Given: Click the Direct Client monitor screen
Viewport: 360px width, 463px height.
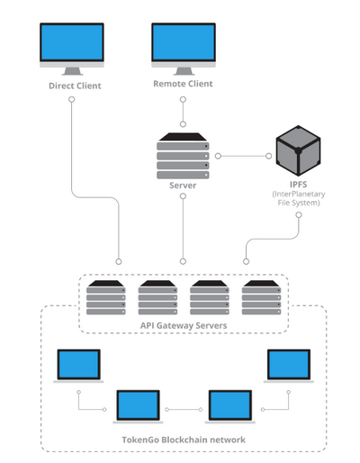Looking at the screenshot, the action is (72, 42).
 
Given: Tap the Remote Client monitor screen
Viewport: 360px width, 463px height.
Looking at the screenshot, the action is (184, 42).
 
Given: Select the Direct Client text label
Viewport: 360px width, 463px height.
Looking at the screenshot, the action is (75, 86).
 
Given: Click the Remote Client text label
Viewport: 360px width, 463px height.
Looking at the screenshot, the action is (183, 84).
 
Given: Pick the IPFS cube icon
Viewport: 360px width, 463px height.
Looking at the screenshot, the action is (298, 150).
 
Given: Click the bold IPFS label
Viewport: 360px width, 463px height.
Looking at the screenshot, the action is (298, 185).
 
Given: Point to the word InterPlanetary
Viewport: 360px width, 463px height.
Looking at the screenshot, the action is (300, 195).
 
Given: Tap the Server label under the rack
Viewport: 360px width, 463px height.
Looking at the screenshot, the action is (183, 186).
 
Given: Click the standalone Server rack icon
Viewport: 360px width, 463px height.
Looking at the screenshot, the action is (183, 156).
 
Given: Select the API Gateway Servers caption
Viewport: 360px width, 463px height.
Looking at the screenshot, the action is (184, 325).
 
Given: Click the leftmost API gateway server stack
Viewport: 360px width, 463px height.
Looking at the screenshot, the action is (106, 297).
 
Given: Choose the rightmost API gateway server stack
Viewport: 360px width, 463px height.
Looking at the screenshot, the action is (262, 297).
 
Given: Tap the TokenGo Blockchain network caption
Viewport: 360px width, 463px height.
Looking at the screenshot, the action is (184, 440).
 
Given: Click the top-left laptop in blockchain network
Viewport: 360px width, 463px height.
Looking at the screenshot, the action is (78, 366).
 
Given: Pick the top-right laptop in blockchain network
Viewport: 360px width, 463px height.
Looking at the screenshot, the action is (289, 366).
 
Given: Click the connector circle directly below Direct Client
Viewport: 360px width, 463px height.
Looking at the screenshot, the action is (72, 99).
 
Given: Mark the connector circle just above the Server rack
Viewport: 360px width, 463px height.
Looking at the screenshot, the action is (183, 124).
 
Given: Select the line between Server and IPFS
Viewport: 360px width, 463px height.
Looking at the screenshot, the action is (243, 156).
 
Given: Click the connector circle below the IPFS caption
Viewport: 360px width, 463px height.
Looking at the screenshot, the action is (299, 215).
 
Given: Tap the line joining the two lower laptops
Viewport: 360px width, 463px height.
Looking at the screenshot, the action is (184, 410).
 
